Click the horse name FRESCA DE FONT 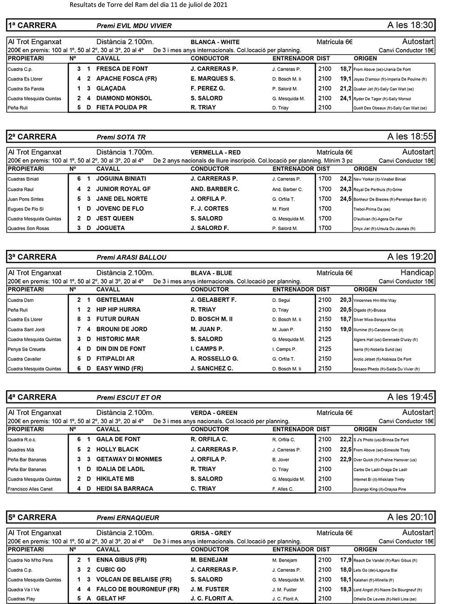pyautogui.click(x=122, y=69)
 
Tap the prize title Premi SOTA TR pyautogui.click(x=121, y=137)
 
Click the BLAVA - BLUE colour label pyautogui.click(x=211, y=273)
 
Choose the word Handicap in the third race pyautogui.click(x=417, y=272)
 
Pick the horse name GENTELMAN pyautogui.click(x=115, y=300)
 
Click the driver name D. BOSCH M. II pyautogui.click(x=211, y=319)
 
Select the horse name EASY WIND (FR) pyautogui.click(x=119, y=368)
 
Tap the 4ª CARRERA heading pyautogui.click(x=32, y=397)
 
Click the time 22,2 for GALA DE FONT pyautogui.click(x=346, y=439)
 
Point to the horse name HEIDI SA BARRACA pyautogui.click(x=125, y=488)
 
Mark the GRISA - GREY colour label pyautogui.click(x=211, y=533)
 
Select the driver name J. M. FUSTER pyautogui.click(x=209, y=589)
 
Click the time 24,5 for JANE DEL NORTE pyautogui.click(x=346, y=199)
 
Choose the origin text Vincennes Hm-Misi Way pyautogui.click(x=375, y=300)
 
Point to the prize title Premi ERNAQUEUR pyautogui.click(x=128, y=518)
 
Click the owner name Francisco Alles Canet pyautogui.click(x=30, y=489)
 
